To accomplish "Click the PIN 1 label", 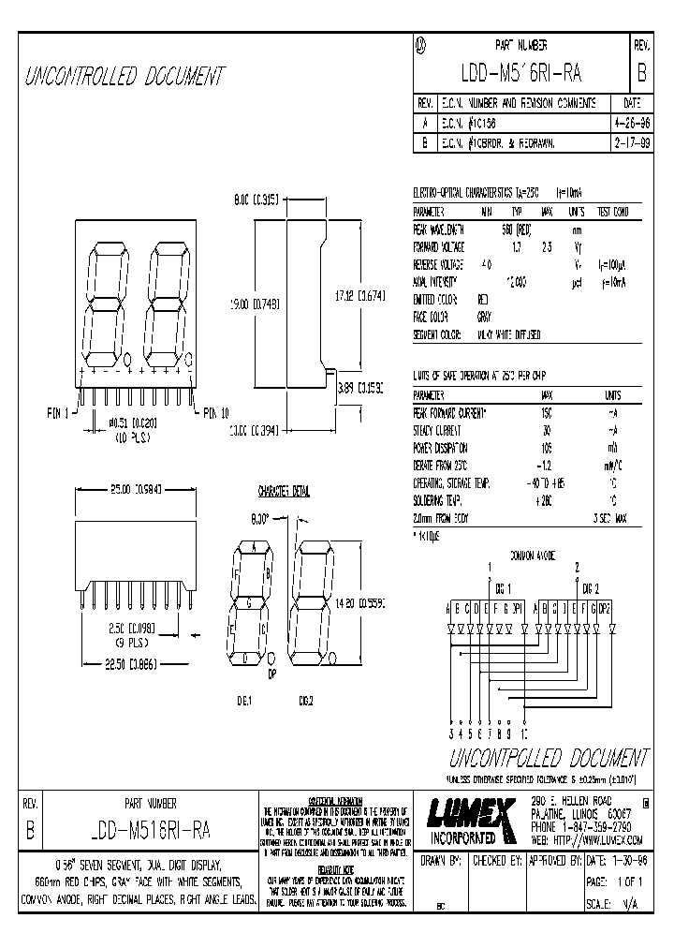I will (x=58, y=411).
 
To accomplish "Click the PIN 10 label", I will (x=212, y=411).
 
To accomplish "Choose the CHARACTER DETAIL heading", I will (x=284, y=490).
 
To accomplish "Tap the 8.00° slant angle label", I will (x=259, y=515).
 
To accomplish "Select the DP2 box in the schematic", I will (x=604, y=607).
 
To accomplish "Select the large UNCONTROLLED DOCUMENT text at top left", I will (x=125, y=76).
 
